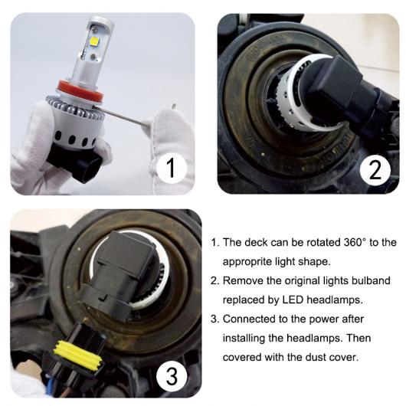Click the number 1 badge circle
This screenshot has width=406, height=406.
[x=172, y=168]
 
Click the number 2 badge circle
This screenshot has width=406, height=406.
[x=375, y=169]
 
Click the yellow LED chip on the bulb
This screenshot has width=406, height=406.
[x=94, y=41]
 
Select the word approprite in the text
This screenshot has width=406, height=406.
[x=247, y=262]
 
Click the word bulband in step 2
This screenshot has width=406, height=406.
[x=371, y=280]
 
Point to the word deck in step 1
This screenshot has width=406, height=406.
[x=256, y=242]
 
